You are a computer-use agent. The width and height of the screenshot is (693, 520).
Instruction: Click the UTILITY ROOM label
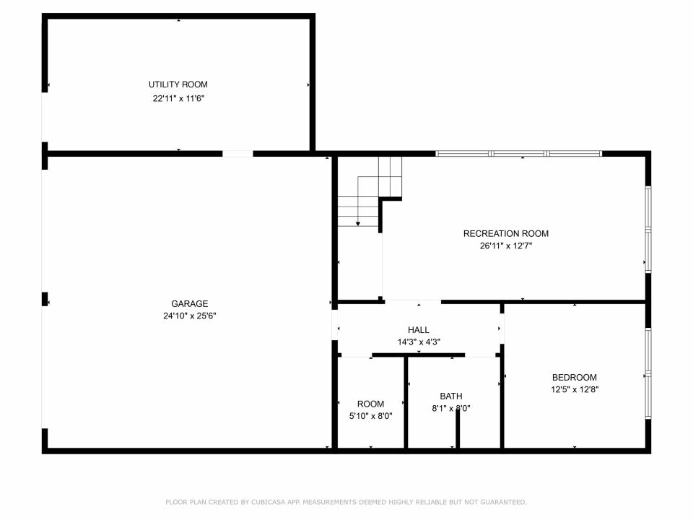178,84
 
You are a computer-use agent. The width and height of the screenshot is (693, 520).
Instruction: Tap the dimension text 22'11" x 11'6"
178,98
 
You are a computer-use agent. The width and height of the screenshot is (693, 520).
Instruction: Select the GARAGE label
190,304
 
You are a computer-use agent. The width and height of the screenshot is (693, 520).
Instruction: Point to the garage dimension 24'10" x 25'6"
190,316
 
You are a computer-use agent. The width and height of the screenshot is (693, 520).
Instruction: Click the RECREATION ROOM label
506,233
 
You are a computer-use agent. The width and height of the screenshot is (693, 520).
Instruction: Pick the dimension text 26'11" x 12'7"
506,246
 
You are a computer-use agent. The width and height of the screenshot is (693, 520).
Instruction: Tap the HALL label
419,330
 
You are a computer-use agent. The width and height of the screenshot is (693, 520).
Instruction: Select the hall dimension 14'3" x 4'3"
419,342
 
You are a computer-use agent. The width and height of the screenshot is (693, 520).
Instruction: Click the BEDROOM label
575,377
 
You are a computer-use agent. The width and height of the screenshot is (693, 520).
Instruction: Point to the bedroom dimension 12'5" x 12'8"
575,389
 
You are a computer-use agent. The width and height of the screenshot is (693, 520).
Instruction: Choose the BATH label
451,396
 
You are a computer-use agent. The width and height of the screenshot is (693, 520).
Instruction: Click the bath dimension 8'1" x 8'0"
451,409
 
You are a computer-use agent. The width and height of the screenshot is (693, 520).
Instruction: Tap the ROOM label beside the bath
371,404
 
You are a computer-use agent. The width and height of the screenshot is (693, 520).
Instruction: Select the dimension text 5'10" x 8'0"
371,416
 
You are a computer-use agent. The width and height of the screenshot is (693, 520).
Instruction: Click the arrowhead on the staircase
358,224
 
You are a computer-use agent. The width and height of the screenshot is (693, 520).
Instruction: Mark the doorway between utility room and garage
237,154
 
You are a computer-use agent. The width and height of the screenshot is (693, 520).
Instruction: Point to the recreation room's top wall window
519,154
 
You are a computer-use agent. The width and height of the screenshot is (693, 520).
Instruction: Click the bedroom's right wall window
648,373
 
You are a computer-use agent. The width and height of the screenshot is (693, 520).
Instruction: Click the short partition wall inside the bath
458,428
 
